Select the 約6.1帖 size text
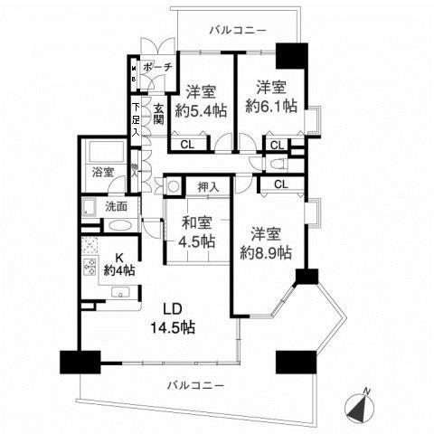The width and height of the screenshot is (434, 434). [271, 106]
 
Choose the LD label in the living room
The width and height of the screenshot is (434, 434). [174, 307]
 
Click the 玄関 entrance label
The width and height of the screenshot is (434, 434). [158, 115]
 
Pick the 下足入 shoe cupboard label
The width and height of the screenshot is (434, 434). [136, 118]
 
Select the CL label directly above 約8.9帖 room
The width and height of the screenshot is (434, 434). [281, 184]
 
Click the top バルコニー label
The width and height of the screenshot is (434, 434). [237, 31]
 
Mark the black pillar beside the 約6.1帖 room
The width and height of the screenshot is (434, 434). [291, 56]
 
